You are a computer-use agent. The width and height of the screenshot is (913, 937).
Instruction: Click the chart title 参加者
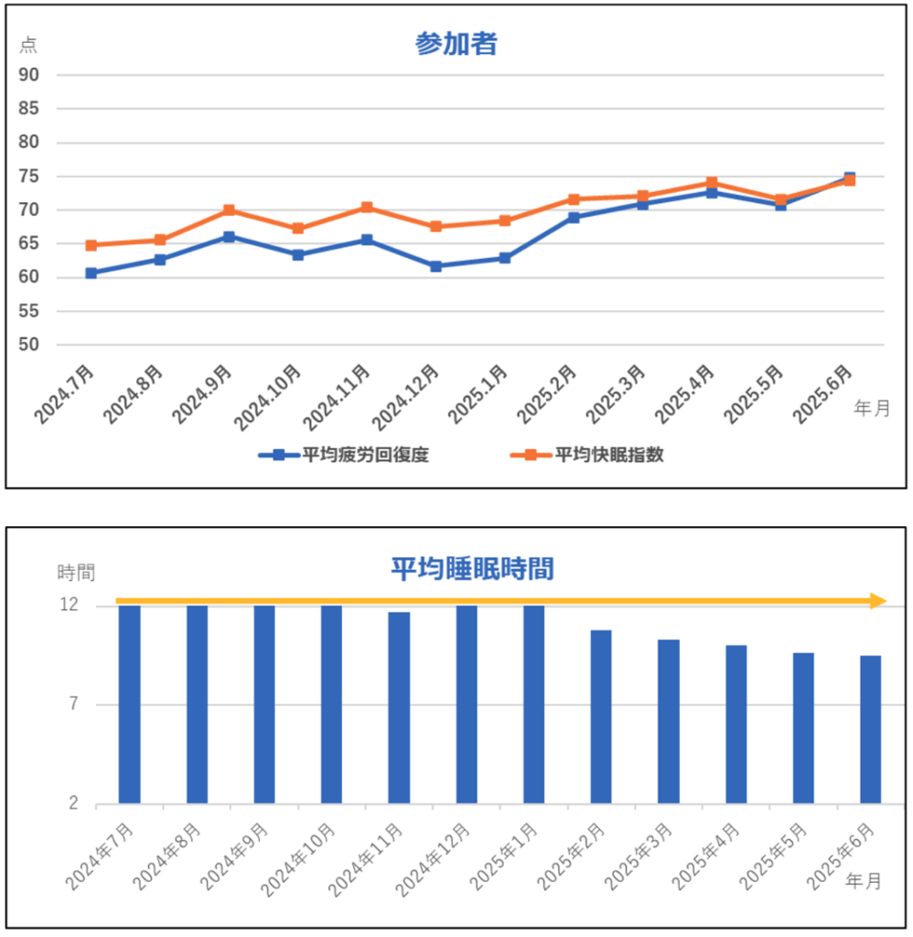(x=456, y=43)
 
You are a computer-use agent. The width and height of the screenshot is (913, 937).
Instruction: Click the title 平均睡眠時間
(x=472, y=569)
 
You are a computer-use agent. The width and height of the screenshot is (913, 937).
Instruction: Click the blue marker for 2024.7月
(x=91, y=273)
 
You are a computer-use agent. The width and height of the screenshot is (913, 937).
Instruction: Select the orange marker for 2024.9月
(x=229, y=210)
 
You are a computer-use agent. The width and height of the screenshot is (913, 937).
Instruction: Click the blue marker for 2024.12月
(x=435, y=266)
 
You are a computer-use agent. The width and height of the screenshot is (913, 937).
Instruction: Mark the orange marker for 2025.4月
(x=711, y=183)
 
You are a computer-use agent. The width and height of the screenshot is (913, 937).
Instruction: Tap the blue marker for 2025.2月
(x=574, y=218)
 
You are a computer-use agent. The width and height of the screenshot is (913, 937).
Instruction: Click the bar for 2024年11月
(x=398, y=707)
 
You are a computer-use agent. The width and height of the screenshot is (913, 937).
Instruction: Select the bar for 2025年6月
(x=870, y=729)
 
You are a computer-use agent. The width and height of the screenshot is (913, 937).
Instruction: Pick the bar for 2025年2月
(x=600, y=716)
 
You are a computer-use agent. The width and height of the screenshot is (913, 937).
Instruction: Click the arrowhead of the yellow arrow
(x=878, y=601)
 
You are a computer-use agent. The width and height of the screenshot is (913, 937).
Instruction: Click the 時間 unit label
(x=76, y=573)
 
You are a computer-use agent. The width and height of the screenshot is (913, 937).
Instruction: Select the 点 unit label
(x=28, y=46)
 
